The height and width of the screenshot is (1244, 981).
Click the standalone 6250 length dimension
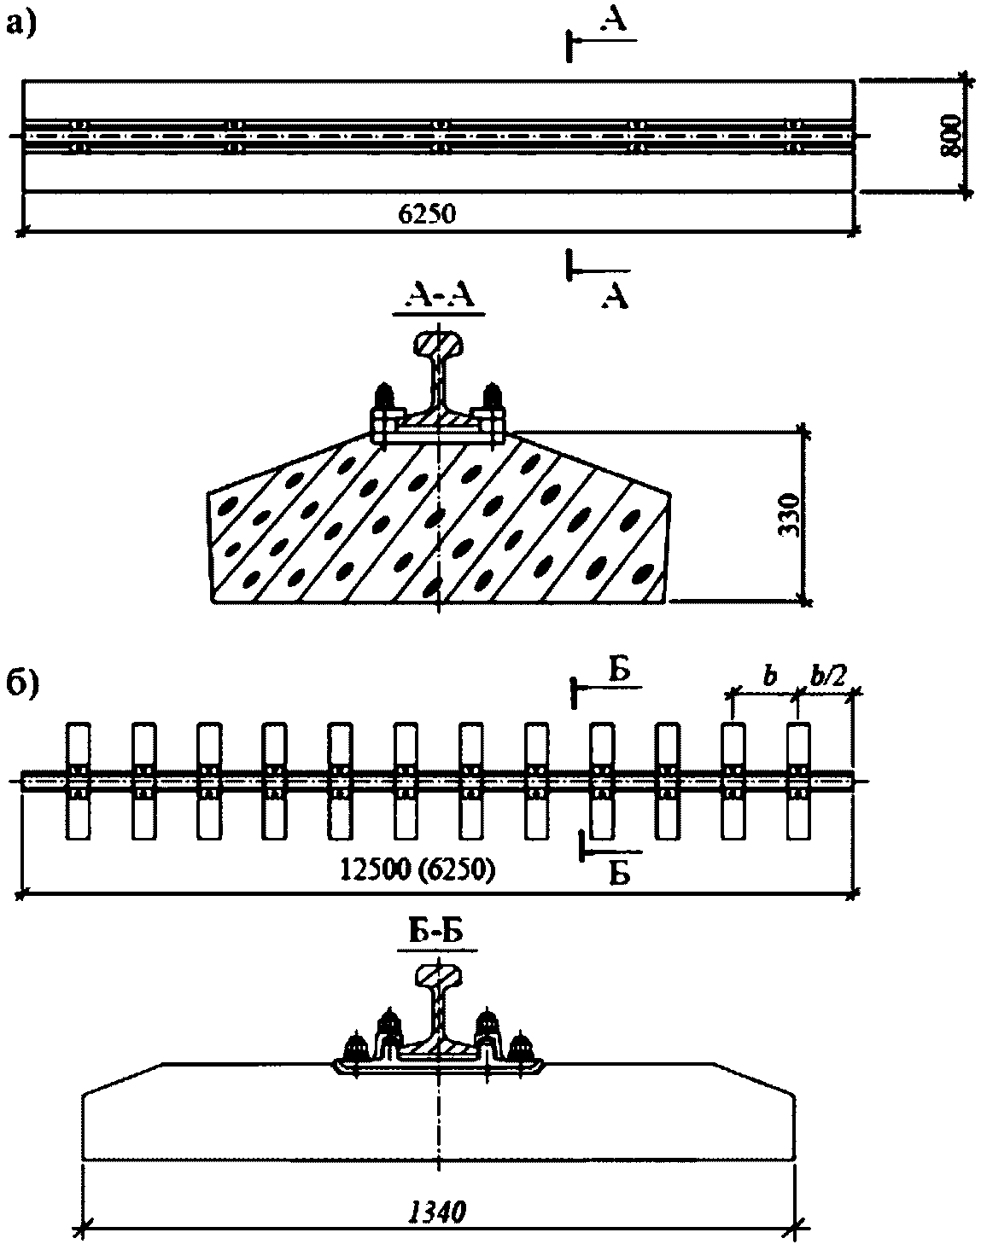(x=427, y=214)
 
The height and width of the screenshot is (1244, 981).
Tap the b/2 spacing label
(x=826, y=677)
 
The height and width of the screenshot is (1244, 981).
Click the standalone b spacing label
(x=766, y=678)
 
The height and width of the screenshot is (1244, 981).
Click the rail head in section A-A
(x=438, y=342)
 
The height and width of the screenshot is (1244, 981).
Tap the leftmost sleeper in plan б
(x=79, y=781)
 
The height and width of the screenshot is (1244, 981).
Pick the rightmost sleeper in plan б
(x=798, y=781)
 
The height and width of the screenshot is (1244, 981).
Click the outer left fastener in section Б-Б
(x=354, y=1047)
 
